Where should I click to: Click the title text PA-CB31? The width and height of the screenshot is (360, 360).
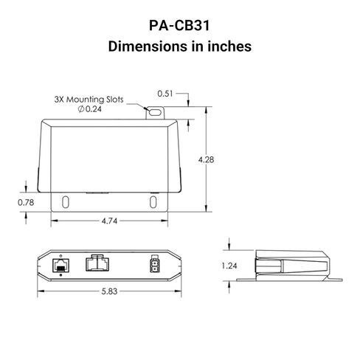(x=179, y=25)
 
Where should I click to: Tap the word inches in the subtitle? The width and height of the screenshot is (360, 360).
(x=229, y=46)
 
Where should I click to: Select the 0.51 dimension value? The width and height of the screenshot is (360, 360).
(x=165, y=94)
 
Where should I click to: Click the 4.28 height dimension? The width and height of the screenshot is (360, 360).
(x=206, y=159)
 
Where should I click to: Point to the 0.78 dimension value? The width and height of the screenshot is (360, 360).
(x=26, y=202)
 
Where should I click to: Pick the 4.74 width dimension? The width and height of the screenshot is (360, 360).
(x=109, y=221)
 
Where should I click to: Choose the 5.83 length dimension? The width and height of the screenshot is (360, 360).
(x=109, y=291)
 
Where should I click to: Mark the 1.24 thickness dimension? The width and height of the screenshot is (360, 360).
(x=229, y=266)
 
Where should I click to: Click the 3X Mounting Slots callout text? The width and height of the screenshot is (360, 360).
(x=89, y=100)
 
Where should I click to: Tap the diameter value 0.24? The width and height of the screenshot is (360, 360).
(x=94, y=109)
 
